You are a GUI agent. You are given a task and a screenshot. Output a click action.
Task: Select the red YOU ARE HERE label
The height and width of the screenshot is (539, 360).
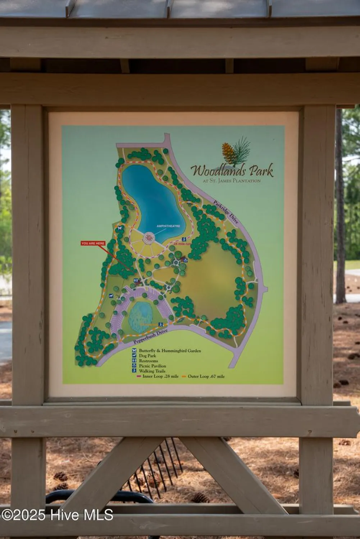coord(93,243)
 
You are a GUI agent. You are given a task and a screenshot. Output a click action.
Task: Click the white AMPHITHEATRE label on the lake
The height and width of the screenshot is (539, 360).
coord(168,226)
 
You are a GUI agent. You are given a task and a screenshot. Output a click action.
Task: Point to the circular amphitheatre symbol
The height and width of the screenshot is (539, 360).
coord(149,238)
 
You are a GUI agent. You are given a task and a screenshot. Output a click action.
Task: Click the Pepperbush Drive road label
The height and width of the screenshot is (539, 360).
coord(150,337)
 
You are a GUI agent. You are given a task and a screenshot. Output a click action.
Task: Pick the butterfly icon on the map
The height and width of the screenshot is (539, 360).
coord(120,228)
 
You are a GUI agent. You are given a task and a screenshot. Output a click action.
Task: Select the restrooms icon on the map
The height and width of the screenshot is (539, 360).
coord(136,281)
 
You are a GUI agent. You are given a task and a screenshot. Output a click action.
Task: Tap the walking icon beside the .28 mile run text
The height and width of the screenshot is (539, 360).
coord(184,239)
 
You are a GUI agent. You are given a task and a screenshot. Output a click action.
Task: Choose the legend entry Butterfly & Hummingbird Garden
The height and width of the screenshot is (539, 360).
coord(170,351)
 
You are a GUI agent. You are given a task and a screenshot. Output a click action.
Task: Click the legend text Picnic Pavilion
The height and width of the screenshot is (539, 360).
coord(152,366)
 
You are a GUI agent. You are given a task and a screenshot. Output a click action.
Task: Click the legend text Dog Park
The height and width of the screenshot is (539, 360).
coord(147,356)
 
